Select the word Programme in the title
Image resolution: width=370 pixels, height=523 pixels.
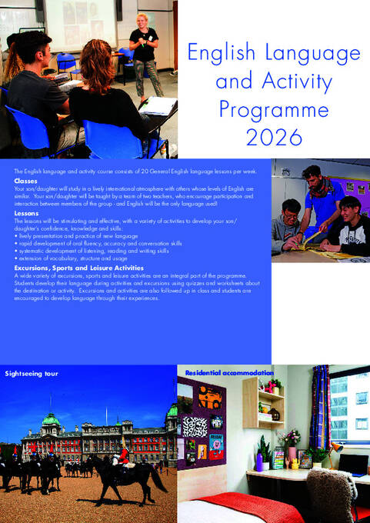[273, 109]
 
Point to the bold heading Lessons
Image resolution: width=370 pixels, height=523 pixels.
[26, 212]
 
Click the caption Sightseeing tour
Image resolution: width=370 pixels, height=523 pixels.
[32, 374]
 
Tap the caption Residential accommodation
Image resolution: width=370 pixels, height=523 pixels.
[229, 372]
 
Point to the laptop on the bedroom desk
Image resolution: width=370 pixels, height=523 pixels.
[352, 464]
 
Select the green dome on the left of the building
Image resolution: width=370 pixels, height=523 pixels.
[51, 419]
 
